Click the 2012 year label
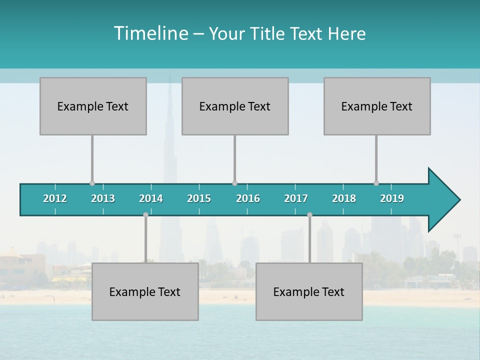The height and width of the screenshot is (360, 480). (x=55, y=198)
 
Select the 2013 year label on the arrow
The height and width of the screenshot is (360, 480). (x=103, y=198)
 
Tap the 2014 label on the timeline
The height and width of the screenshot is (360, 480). (x=151, y=198)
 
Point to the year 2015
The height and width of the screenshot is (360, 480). (x=199, y=198)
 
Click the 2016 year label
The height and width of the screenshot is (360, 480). (x=248, y=198)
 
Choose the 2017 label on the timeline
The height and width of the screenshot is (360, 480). (x=296, y=198)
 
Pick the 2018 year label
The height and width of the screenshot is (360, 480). (x=344, y=198)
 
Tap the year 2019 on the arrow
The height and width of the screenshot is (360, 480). (x=392, y=198)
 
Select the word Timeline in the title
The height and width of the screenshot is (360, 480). (x=150, y=33)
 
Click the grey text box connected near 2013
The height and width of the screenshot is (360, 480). (x=93, y=106)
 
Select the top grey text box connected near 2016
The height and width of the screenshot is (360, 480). (x=235, y=106)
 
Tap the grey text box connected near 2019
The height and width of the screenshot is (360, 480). (x=377, y=106)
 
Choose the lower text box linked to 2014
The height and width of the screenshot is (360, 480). (x=145, y=291)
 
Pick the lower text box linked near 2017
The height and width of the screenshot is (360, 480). (x=309, y=291)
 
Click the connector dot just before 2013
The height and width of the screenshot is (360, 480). (x=92, y=183)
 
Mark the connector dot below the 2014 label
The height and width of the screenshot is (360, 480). (x=145, y=214)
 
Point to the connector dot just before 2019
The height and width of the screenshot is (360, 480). (x=376, y=183)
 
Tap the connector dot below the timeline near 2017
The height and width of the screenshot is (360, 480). (x=309, y=214)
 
